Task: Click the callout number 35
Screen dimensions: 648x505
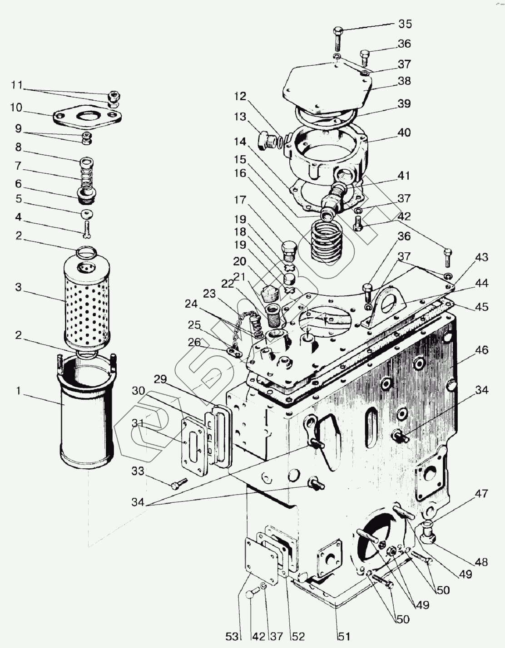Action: point(405,24)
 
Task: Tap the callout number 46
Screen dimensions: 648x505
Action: point(481,350)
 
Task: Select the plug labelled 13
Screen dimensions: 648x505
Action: point(266,140)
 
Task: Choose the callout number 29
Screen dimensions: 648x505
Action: point(160,379)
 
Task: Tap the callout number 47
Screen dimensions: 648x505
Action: point(481,494)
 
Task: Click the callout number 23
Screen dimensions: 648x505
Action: point(209,294)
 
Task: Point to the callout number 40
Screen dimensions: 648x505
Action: point(404,133)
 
